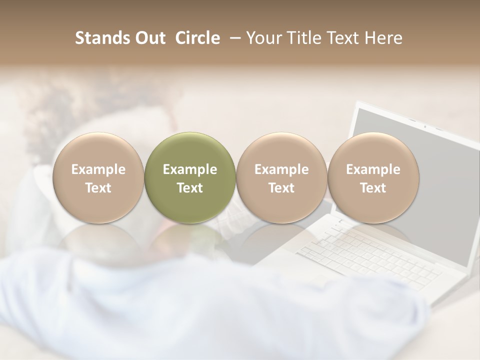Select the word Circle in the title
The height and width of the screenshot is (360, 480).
pos(197,38)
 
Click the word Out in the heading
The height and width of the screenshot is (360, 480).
pos(149,38)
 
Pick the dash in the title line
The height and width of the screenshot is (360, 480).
pos(232,38)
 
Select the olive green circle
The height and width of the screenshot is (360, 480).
pos(190,177)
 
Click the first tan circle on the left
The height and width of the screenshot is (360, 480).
pos(98,177)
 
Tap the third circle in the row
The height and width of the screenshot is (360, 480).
pos(281,177)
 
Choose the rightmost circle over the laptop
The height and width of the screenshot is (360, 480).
pos(373,177)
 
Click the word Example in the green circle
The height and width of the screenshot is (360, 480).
pos(190,169)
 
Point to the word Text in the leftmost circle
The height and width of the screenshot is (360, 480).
pos(98,188)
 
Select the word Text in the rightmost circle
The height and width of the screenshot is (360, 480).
pos(373,188)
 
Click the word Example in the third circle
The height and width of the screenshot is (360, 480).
pos(281,169)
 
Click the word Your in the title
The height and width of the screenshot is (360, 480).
pos(263,38)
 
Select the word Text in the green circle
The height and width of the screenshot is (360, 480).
pos(190,188)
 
